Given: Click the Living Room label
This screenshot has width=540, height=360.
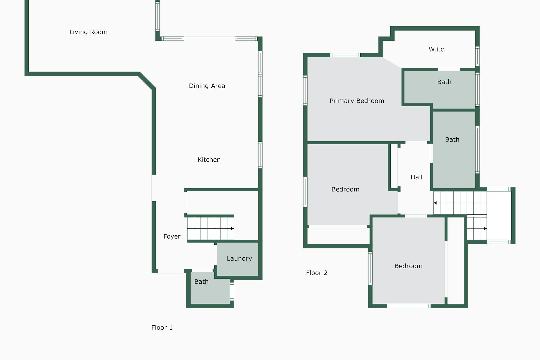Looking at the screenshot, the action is (88, 32).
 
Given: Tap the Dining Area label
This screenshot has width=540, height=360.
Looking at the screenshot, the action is (207, 86).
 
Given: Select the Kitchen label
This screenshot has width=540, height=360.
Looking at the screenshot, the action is (209, 160).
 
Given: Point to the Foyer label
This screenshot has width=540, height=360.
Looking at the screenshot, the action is (172, 237).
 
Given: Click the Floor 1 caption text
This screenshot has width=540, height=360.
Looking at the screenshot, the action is (162, 327).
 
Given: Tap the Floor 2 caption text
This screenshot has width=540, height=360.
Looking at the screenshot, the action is (317, 273).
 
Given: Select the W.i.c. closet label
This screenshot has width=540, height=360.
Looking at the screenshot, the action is (437, 49).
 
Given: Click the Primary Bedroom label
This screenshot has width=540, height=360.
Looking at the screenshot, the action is (357, 101).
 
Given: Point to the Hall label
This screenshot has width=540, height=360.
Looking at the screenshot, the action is (417, 177).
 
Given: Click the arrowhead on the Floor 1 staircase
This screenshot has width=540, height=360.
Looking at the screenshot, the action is (232, 229).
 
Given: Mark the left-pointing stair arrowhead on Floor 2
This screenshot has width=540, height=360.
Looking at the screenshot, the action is (435, 203).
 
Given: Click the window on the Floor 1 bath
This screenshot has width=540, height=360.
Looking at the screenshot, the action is (232, 291).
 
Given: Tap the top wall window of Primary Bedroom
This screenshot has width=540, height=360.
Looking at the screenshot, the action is (345, 55).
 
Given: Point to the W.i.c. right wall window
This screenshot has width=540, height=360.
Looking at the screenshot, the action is (477, 56).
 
